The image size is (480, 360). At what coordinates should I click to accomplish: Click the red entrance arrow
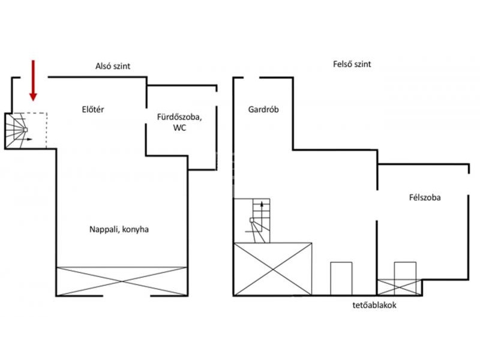tap(33, 80)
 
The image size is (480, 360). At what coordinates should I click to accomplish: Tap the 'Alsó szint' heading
tap(113, 66)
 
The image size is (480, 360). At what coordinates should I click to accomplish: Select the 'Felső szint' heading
tap(352, 64)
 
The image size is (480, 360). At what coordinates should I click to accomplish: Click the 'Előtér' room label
tap(93, 109)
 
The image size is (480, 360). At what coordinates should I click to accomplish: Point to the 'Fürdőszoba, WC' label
tap(179, 122)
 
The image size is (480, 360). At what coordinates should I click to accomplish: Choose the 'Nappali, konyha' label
tap(119, 229)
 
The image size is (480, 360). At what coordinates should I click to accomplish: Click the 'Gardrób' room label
tap(263, 109)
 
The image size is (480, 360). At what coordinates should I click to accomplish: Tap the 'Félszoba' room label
tap(425, 197)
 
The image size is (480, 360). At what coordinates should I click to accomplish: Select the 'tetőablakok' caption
tap(374, 305)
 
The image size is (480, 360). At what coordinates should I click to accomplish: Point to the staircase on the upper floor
tap(257, 220)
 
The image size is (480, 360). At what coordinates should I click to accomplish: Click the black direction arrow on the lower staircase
tap(25, 139)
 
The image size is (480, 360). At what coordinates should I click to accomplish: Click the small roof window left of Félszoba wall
tap(341, 278)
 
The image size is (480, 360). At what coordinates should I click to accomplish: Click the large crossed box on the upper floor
tap(273, 269)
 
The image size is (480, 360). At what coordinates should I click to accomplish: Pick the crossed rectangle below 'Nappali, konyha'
tap(122, 281)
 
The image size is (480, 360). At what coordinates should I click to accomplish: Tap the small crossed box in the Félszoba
tap(399, 287)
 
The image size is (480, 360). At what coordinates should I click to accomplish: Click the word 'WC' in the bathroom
tap(179, 128)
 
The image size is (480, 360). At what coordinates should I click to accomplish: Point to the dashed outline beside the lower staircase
tap(47, 131)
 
